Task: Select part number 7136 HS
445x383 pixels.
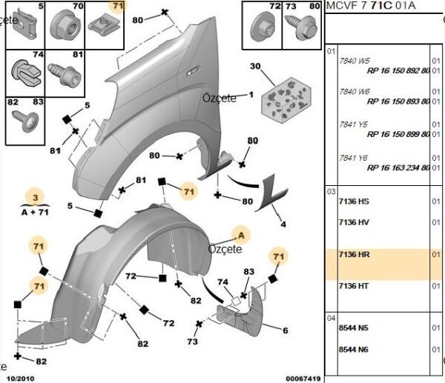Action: (x=353, y=202)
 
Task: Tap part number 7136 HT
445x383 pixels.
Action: (x=353, y=286)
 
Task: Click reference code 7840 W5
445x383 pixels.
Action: (x=354, y=61)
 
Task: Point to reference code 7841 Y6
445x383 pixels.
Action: (x=354, y=158)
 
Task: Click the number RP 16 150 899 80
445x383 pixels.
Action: (x=398, y=135)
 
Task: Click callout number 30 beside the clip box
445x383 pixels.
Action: (x=256, y=67)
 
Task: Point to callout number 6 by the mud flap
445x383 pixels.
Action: (x=284, y=330)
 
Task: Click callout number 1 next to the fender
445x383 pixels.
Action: (x=251, y=94)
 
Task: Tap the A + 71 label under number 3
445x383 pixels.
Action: (x=34, y=212)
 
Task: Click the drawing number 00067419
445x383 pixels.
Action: (x=303, y=379)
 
